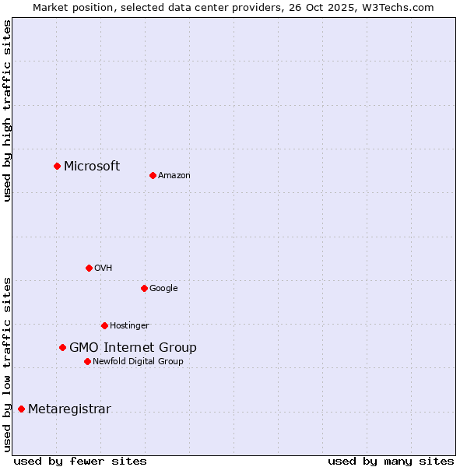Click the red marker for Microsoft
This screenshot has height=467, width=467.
[x=57, y=166]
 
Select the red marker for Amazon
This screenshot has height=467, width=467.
[x=153, y=175]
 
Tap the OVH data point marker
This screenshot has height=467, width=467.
[x=89, y=268]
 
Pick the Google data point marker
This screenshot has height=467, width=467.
[x=144, y=288]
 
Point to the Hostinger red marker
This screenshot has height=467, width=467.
[x=104, y=325]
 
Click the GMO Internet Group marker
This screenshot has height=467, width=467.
[x=62, y=347]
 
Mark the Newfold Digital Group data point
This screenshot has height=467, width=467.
[x=87, y=361]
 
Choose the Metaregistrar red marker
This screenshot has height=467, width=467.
[x=21, y=409]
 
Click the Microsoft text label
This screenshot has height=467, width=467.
[x=92, y=166]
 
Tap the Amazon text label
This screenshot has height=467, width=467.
[x=174, y=175]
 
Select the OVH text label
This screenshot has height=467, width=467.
[x=104, y=268]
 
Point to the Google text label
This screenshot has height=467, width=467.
[x=163, y=288]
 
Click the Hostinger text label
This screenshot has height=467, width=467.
[x=129, y=325]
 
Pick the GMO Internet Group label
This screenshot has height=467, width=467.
[x=133, y=347]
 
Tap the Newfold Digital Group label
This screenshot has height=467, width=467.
[x=138, y=361]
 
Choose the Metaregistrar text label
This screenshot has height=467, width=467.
[x=69, y=409]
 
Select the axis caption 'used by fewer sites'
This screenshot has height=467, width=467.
[x=80, y=461]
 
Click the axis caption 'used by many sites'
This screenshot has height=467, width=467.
[x=391, y=461]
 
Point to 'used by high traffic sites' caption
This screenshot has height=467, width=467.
[x=7, y=111]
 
